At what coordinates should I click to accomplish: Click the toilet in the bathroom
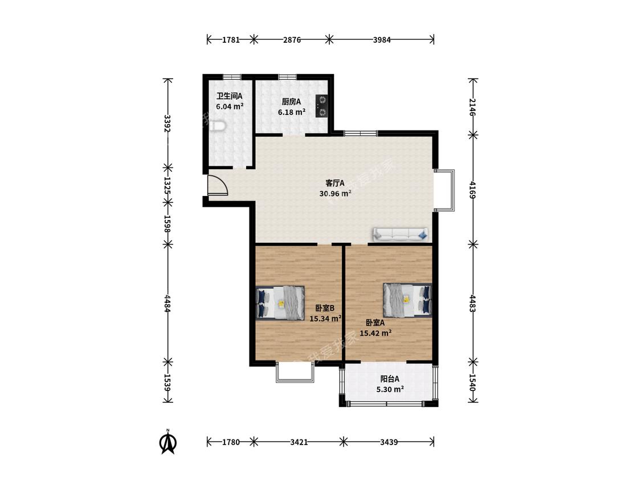pos(217,127)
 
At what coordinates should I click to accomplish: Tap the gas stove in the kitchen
pos(322,106)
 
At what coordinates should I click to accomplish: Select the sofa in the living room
pos(400,234)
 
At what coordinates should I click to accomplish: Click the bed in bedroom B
pos(280,303)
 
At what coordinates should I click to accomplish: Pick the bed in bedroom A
pos(407,300)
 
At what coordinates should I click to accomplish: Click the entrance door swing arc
pos(223,183)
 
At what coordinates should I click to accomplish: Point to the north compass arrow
pos(168,441)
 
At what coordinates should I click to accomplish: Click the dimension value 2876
pos(292,40)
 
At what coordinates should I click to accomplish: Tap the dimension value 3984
pos(382,40)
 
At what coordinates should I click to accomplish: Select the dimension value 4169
pos(473,190)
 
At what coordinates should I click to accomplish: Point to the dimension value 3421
pos(299,442)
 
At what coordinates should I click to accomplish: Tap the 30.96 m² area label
pos(335,193)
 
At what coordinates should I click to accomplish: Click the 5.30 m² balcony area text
pos(390,389)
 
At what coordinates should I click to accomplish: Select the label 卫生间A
pos(230,96)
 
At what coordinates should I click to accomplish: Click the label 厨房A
pos(292,102)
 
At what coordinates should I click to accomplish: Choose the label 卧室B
pos(325,308)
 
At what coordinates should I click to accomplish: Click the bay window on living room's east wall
pos(444,190)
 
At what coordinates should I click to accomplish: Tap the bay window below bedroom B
pos(295,372)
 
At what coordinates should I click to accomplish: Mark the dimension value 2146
pos(473,107)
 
